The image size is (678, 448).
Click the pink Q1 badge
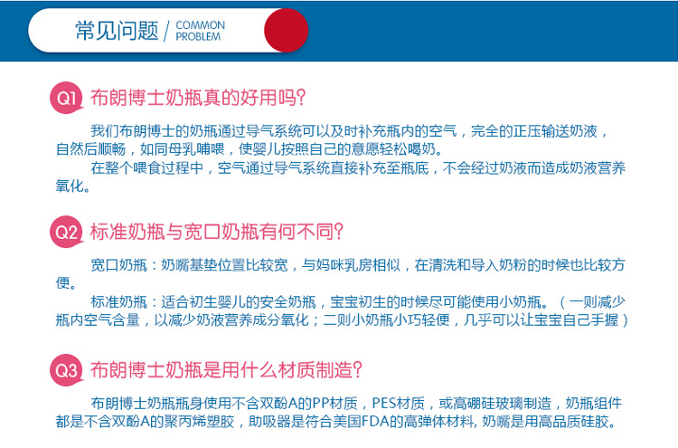(66, 98)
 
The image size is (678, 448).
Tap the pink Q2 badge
(66, 232)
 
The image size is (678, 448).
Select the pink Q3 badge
(66, 370)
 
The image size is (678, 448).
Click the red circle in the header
(287, 30)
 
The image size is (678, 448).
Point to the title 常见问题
(117, 31)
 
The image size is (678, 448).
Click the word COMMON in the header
(200, 25)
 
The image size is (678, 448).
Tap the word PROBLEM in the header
(198, 37)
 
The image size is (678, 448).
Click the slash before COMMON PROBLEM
(167, 31)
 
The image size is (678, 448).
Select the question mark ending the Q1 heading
(301, 98)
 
